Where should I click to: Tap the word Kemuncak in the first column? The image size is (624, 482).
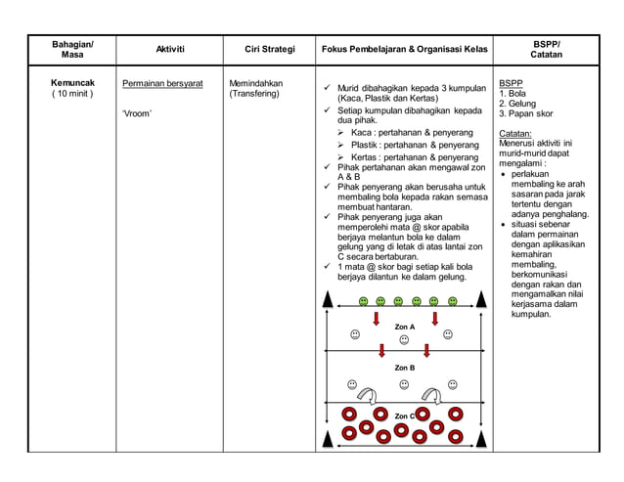73,83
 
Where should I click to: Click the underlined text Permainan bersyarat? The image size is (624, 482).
161,83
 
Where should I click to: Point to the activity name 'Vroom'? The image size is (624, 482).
137,113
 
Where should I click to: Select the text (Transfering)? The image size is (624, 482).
254,95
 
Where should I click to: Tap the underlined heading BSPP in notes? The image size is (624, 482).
510,83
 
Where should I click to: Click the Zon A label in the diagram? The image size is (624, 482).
404,327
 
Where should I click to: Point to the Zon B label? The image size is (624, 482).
404,368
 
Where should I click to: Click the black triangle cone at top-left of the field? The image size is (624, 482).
331,301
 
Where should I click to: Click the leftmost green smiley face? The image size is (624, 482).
363,302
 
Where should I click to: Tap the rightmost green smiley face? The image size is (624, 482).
452,302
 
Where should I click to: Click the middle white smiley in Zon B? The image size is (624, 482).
404,384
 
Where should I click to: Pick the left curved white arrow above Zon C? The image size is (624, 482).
370,393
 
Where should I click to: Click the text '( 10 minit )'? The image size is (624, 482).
73,96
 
